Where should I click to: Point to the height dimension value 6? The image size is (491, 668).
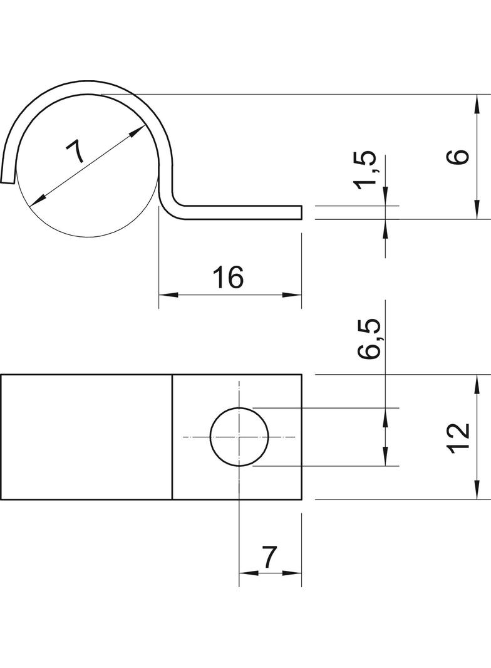(458, 156)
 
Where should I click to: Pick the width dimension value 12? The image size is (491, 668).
(459, 437)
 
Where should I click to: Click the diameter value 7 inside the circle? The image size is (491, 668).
(76, 152)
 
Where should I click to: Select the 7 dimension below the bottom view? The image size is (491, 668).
(269, 556)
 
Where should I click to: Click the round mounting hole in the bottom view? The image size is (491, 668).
(239, 437)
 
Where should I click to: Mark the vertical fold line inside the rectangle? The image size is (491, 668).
(172, 437)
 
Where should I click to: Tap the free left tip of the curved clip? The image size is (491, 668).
(7, 181)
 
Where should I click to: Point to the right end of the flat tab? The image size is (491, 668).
(301, 212)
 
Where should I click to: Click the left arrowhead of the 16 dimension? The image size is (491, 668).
(165, 295)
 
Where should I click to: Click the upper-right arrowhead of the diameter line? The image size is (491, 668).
(139, 131)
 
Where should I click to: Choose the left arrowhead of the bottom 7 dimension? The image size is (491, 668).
(246, 572)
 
